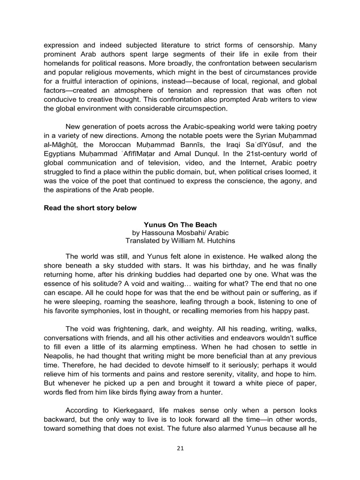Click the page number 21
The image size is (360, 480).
(x=180, y=448)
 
